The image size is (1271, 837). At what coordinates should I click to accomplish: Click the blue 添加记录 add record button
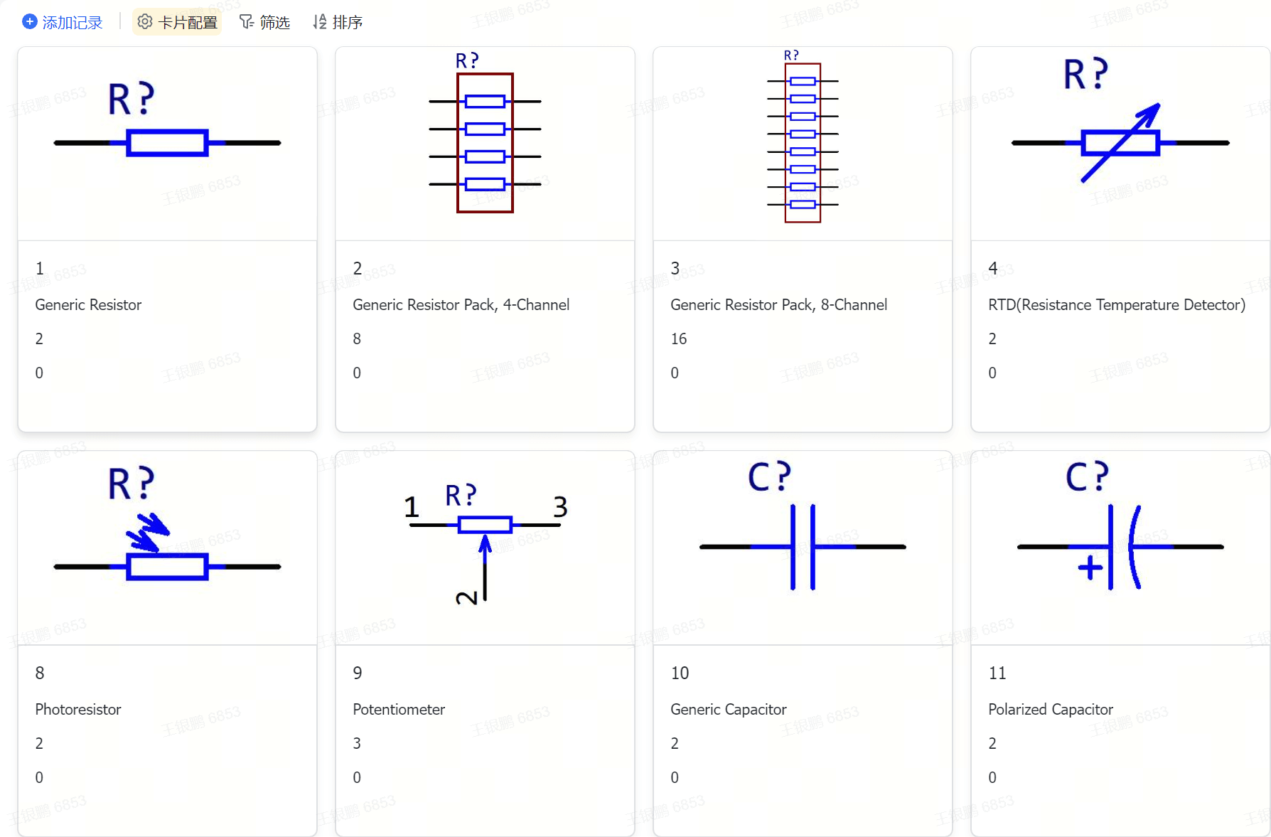[x=63, y=23]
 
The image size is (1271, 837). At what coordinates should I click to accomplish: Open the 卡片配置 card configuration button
[x=177, y=23]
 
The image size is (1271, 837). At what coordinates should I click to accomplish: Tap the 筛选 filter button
[x=265, y=23]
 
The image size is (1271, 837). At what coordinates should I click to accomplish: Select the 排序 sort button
[x=338, y=23]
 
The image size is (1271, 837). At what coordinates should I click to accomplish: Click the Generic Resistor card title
[x=88, y=305]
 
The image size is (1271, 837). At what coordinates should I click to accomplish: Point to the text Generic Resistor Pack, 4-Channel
[x=461, y=305]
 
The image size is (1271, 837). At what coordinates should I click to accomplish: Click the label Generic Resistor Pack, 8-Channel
[x=778, y=305]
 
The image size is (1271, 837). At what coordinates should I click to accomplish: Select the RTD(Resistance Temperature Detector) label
[x=1116, y=305]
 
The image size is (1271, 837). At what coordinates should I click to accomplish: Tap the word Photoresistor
[x=78, y=710]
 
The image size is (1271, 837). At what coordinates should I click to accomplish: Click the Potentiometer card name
[x=399, y=710]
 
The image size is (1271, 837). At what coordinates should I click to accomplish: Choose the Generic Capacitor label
[x=728, y=710]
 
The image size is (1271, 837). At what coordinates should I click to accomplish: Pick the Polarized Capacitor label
[x=1050, y=710]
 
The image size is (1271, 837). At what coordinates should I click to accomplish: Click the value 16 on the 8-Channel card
[x=679, y=339]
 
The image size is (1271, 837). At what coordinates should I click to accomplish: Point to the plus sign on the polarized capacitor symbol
[x=1090, y=567]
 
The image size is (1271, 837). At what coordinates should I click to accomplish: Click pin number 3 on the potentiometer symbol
[x=560, y=507]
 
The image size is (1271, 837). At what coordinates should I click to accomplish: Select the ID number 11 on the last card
[x=997, y=673]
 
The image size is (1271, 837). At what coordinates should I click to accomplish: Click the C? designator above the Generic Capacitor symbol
[x=769, y=476]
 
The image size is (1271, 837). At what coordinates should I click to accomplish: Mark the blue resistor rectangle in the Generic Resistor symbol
[x=167, y=143]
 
